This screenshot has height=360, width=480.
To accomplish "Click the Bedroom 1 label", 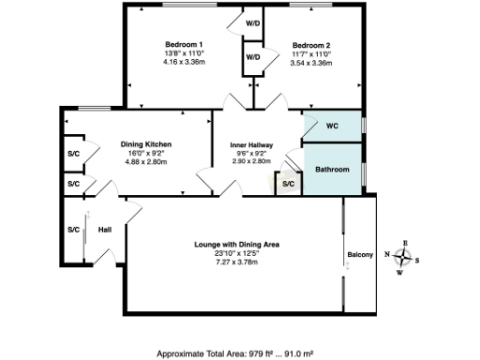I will point(185,45).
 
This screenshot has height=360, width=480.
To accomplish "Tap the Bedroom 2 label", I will point(310,45).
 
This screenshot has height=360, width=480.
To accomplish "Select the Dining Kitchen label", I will point(144,143).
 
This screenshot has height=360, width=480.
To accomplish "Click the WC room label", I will point(332,126).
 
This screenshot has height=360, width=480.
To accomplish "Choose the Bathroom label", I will point(332,170).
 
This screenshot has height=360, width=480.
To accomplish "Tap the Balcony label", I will point(361,255).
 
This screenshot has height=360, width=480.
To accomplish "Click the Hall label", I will point(104,230).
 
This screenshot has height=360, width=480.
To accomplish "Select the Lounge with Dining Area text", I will point(237,245).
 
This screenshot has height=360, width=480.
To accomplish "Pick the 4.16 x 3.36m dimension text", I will point(185,63).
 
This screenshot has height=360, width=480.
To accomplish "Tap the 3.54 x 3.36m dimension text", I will point(310,63).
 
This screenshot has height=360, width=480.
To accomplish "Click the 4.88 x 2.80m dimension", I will point(144,161).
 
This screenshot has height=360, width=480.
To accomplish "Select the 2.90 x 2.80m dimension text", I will point(250,161).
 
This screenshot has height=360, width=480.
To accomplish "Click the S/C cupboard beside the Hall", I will point(73,230).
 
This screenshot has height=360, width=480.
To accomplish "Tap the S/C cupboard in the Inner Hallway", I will point(289,185).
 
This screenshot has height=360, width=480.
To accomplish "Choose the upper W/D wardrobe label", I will point(253,22).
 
